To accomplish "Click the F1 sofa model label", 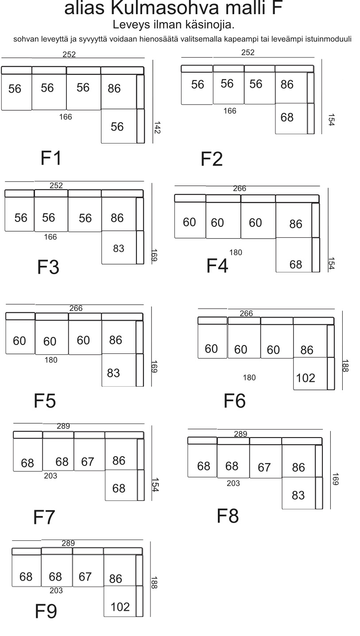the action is point(51,158).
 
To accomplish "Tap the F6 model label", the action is point(235,401).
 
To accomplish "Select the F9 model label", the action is point(46,611).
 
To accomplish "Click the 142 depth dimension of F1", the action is point(157,128).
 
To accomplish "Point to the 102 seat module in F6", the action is point(310,373).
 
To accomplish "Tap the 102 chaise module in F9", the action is point(120,601).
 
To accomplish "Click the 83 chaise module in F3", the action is point(119,248).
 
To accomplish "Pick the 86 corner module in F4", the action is point(294,220).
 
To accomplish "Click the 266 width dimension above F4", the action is point(240,188).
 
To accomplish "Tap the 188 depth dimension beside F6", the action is point(345,366).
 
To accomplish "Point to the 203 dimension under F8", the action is point(233,483).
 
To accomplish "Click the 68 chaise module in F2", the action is point(291,118).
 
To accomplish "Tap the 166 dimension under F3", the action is point(50,237).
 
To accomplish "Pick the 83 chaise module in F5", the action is point(119,370).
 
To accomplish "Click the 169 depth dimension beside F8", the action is point(335,479).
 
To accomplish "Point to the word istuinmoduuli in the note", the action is point(328,39).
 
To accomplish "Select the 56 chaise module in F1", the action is point(119,126).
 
